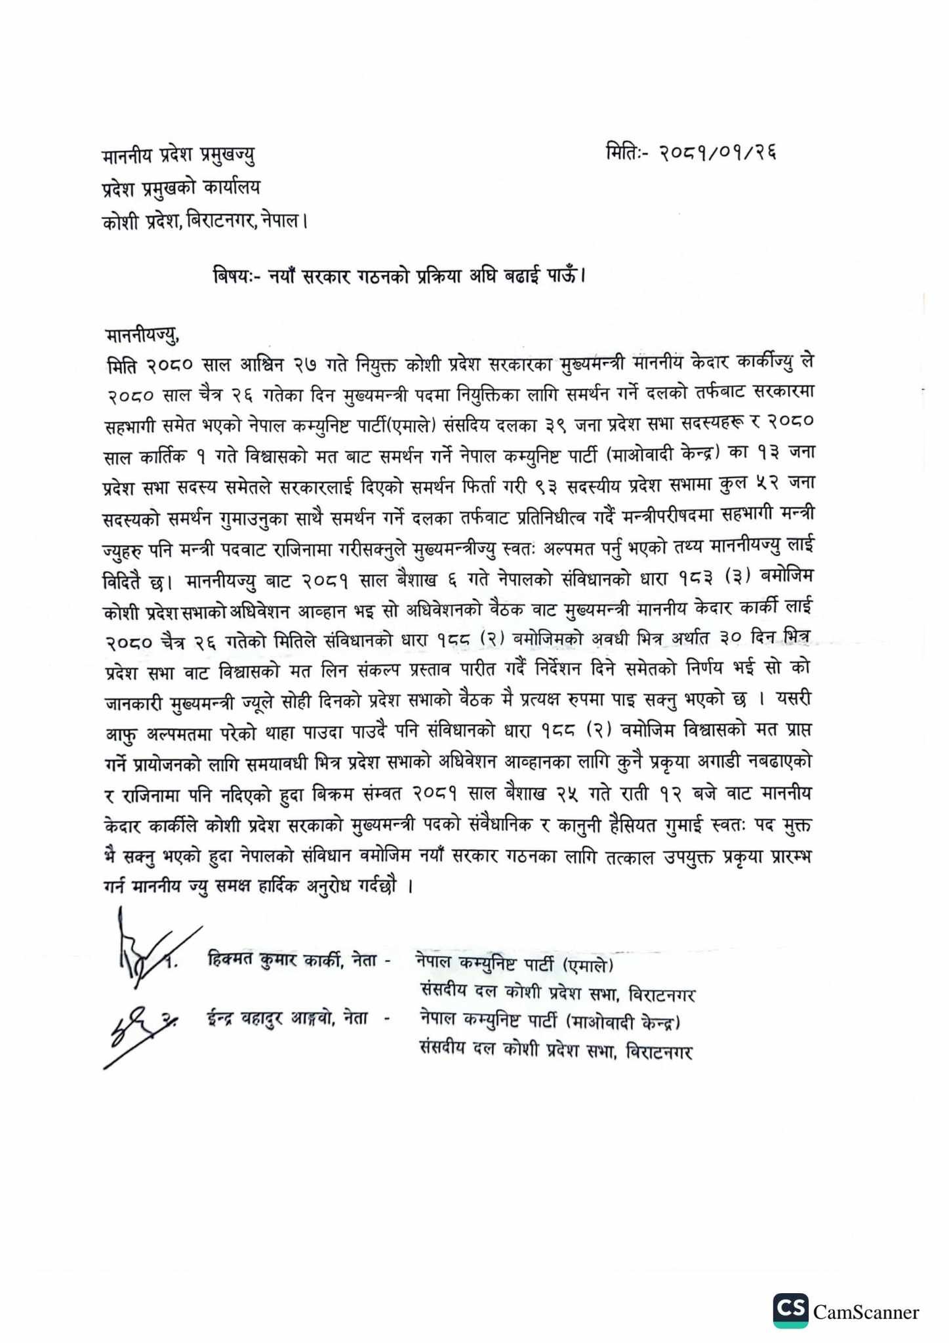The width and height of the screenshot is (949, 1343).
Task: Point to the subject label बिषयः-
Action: tap(237, 275)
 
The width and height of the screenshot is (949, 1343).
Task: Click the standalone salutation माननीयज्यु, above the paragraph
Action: tap(142, 336)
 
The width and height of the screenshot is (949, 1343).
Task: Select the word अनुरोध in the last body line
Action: tap(332, 887)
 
